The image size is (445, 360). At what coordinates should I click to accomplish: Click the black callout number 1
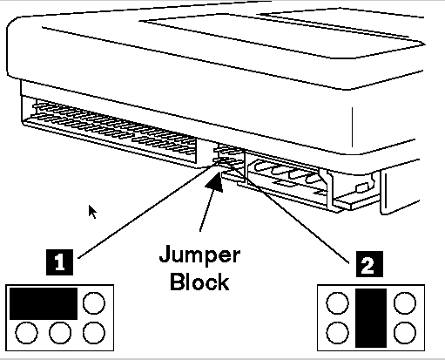59,262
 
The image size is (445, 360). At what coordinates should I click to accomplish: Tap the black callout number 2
369,264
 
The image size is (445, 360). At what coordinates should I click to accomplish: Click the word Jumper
199,255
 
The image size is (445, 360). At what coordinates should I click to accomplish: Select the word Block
199,282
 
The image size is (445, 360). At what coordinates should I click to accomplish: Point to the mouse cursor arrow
92,212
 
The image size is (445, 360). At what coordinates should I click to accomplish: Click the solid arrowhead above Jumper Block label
215,182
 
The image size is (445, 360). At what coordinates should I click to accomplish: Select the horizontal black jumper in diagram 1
44,303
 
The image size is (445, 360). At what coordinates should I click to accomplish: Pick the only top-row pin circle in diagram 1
94,303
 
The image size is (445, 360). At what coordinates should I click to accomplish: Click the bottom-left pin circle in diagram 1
26,333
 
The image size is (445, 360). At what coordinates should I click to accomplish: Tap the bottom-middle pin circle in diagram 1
60,333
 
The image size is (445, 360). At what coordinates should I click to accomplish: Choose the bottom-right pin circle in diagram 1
94,333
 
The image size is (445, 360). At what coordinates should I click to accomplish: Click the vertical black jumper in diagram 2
371,318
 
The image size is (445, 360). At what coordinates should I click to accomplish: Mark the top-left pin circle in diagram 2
337,303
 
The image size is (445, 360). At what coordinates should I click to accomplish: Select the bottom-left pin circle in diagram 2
337,333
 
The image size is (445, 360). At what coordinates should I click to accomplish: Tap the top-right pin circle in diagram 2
405,303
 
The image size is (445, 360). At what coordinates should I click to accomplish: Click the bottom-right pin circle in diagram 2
405,333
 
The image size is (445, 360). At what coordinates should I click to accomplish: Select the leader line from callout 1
149,210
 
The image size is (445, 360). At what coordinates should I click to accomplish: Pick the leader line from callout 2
287,212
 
